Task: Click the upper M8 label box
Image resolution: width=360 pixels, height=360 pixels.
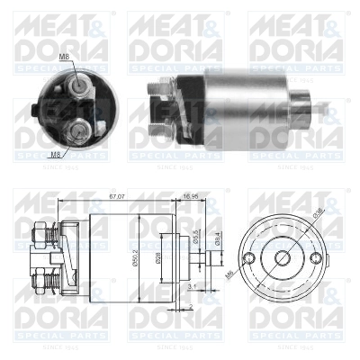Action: click(65, 58)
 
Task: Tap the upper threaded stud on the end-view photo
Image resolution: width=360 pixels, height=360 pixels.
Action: click(82, 83)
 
